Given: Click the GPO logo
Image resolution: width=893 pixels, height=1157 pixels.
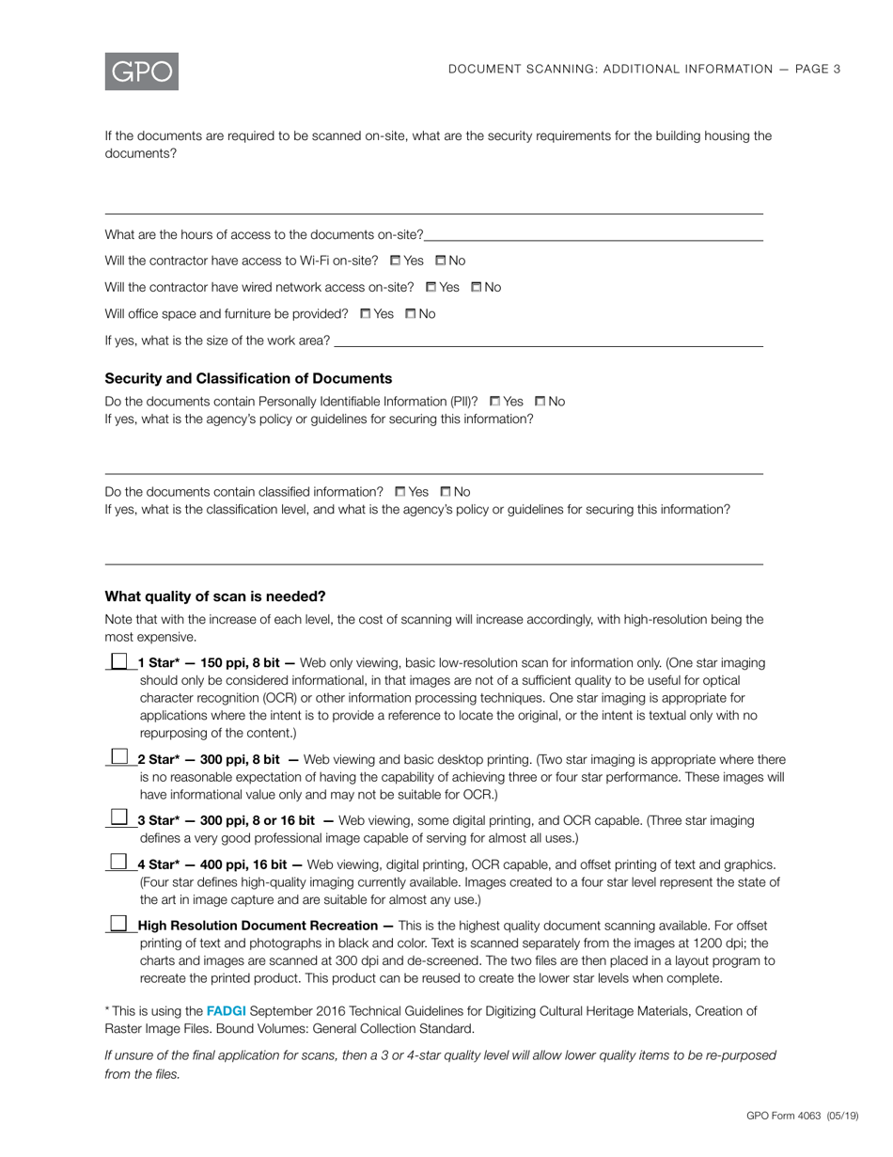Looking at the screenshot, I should tap(141, 71).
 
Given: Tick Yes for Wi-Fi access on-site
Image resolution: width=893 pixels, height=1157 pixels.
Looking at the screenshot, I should tap(395, 261).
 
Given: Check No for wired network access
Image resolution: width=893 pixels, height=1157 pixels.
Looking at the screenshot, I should tap(476, 287).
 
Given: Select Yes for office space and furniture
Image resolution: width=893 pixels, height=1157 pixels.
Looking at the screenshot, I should tap(366, 314).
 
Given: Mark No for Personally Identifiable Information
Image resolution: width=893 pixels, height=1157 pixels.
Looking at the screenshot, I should tap(540, 402).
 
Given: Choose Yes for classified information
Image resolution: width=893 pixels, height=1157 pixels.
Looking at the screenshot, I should tap(400, 492).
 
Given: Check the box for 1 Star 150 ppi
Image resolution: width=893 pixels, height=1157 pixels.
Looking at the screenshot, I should tap(118, 662).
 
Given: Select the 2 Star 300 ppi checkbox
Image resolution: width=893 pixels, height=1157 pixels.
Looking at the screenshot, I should tap(118, 756).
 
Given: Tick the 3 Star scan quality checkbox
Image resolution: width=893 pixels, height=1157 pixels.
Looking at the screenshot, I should tap(118, 818).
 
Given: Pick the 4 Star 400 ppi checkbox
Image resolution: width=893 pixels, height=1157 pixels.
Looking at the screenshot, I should tap(118, 862).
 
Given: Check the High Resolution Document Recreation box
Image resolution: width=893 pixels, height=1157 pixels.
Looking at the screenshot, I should tap(118, 924).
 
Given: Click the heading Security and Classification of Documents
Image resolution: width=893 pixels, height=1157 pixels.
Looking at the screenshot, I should tap(248, 378).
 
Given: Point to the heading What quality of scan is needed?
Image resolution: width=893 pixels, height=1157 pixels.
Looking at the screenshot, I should tap(215, 596).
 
